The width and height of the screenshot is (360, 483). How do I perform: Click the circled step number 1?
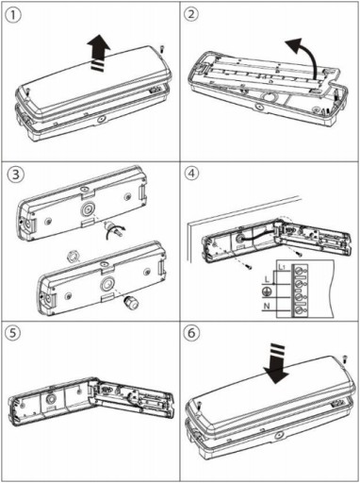click(12, 15)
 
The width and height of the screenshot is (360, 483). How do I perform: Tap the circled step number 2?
click(191, 15)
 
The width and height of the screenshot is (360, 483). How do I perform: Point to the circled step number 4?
click(192, 173)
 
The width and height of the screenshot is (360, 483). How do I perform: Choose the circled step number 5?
click(13, 333)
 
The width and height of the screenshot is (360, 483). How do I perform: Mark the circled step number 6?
click(191, 333)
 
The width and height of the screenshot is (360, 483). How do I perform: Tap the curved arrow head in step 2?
click(293, 45)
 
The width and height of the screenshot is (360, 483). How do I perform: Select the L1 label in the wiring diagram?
click(283, 268)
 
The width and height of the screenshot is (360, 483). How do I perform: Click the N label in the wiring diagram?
click(267, 306)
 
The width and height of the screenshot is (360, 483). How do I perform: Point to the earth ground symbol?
click(266, 291)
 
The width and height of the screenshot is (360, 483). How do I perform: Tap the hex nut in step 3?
click(73, 257)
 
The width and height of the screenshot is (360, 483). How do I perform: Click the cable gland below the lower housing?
click(131, 302)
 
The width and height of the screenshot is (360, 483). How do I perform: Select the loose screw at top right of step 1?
click(162, 49)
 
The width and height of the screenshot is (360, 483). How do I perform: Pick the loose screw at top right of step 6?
click(344, 358)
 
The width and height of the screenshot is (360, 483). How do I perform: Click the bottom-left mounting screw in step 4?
click(249, 267)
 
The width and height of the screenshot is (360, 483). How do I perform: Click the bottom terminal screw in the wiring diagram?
click(299, 311)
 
